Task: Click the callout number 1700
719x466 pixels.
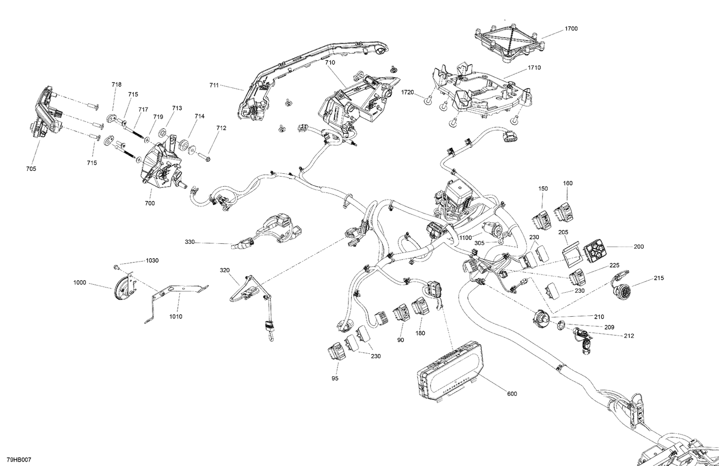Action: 571,29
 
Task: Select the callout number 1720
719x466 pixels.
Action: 407,92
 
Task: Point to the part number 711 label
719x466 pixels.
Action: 214,85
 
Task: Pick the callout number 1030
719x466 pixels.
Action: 152,261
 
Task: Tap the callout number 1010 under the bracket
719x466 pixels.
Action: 175,317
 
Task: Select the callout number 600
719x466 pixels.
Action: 512,394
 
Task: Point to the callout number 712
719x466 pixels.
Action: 221,128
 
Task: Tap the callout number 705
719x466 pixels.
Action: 31,168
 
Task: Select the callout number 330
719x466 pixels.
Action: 190,242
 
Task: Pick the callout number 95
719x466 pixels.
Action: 335,379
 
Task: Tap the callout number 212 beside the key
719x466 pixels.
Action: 629,336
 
